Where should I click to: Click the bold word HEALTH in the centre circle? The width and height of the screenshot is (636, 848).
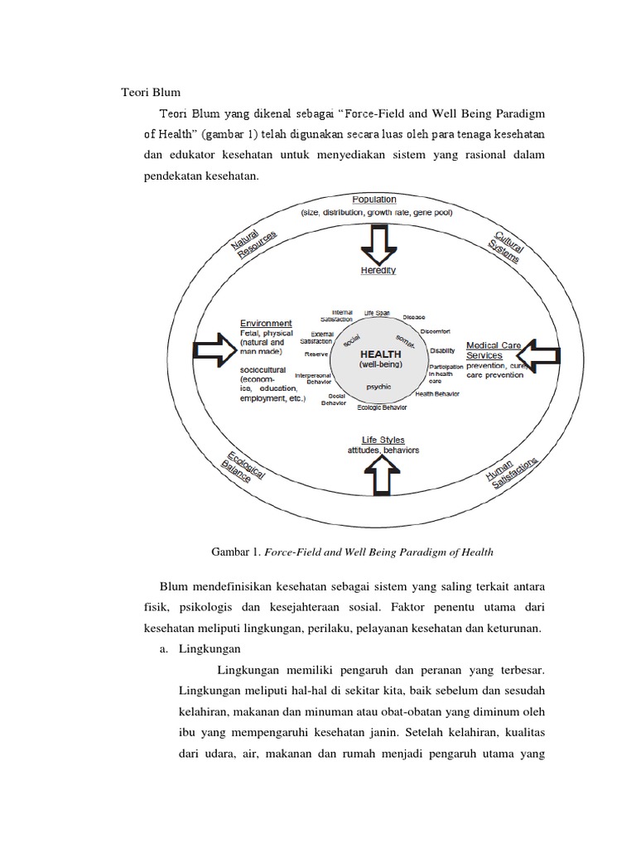[x=380, y=353]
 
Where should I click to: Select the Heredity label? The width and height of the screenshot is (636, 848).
[x=378, y=271]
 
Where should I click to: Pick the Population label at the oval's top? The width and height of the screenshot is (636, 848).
[x=374, y=200]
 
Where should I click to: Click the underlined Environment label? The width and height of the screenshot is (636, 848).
[x=266, y=323]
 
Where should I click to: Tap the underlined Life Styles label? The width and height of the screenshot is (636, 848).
[x=383, y=440]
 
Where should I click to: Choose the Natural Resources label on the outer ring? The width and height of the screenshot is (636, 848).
[x=253, y=243]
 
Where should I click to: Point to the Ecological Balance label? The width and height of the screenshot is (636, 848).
[x=242, y=471]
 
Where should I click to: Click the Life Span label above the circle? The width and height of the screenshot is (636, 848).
[x=377, y=313]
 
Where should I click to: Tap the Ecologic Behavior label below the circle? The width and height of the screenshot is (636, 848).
[x=382, y=408]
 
